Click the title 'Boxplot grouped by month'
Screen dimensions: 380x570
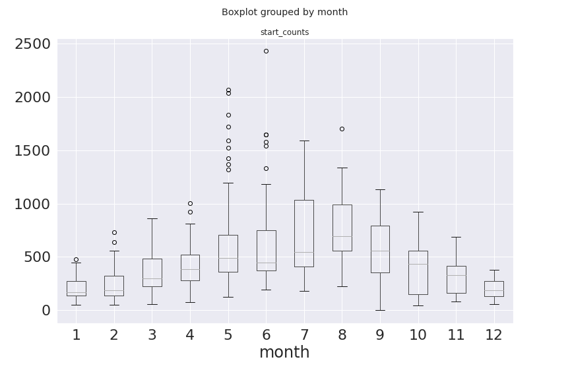[284, 12]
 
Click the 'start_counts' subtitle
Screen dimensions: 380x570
[284, 32]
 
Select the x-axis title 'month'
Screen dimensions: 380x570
[284, 352]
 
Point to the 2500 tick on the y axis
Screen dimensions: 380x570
[32, 44]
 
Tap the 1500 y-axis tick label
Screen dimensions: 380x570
[32, 151]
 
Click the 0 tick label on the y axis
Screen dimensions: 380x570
[46, 311]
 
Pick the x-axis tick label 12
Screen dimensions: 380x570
[493, 335]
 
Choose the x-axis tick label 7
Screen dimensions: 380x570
[304, 335]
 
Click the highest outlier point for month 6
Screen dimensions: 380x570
[266, 51]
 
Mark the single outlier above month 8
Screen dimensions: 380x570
[342, 129]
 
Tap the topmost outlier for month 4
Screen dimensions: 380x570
[190, 203]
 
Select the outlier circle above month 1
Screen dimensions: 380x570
[76, 259]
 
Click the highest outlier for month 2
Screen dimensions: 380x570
[114, 232]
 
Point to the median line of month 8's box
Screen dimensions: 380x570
[342, 236]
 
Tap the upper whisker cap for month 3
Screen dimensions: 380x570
[152, 218]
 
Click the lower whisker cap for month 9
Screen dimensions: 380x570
[380, 310]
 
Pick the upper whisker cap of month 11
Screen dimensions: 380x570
[456, 237]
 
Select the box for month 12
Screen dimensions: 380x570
[493, 289]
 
